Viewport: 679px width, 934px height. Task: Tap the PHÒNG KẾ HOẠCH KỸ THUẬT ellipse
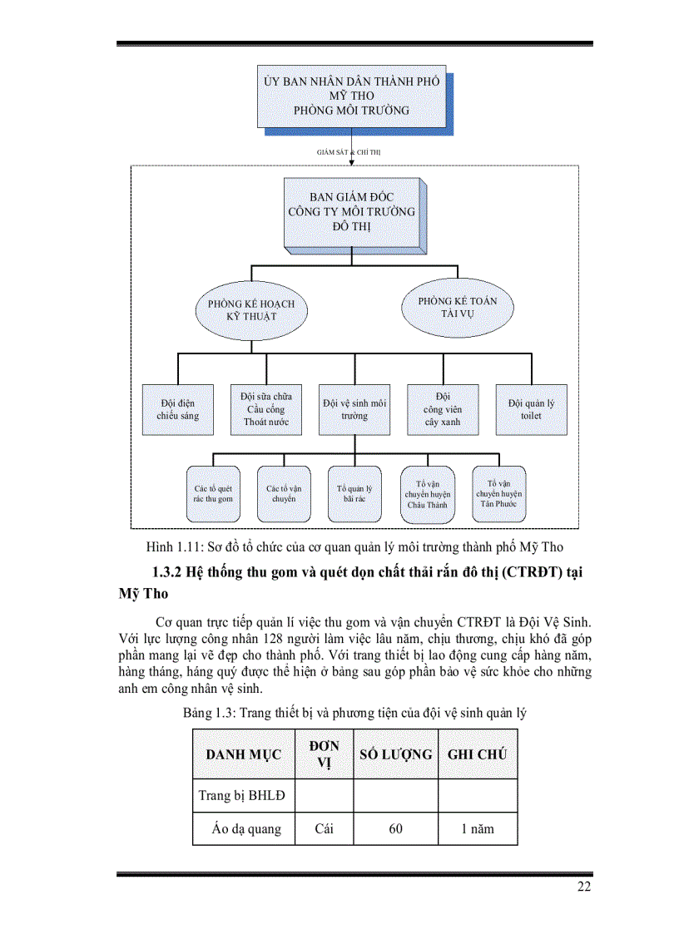click(250, 310)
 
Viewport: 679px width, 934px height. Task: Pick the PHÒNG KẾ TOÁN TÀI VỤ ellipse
click(457, 306)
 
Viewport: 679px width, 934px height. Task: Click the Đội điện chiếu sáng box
click(177, 409)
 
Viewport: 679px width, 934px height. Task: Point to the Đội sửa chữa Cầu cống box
click(265, 409)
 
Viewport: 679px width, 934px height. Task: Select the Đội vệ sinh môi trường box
click(354, 409)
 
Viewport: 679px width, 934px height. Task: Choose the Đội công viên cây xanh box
click(442, 409)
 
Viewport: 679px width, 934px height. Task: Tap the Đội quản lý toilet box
click(531, 409)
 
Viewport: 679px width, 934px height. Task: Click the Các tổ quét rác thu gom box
click(213, 494)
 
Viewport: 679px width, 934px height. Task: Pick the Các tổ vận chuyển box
click(284, 494)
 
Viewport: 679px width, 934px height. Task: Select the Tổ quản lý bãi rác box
click(354, 494)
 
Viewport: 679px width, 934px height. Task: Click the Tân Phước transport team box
click(497, 493)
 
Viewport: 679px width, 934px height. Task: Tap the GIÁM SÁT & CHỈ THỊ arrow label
click(349, 153)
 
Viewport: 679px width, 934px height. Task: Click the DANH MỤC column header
click(244, 754)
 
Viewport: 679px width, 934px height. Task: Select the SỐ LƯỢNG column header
click(395, 754)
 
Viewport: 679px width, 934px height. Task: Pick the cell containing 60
click(395, 828)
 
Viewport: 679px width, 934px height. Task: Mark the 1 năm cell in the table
click(477, 828)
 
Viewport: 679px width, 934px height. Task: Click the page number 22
click(584, 887)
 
